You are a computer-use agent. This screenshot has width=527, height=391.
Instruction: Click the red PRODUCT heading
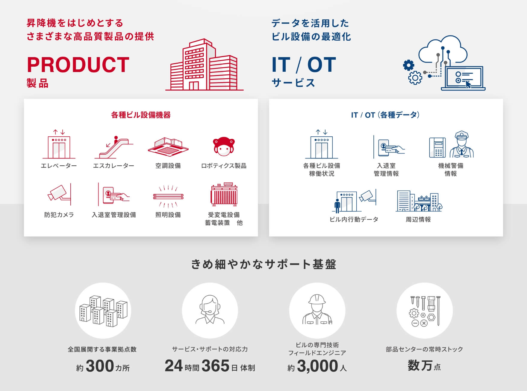tap(78, 65)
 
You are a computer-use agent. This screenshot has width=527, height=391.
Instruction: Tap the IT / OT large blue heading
tap(304, 65)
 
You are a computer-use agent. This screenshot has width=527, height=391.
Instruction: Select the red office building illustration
tap(204, 65)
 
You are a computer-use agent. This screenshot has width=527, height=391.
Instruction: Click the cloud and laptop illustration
tap(444, 63)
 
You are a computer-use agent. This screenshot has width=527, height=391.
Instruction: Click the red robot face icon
tap(224, 146)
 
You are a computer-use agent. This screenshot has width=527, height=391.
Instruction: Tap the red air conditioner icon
tap(168, 147)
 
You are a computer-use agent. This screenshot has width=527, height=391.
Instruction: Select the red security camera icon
tap(60, 194)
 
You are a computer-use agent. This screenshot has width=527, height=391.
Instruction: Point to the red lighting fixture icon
tap(168, 196)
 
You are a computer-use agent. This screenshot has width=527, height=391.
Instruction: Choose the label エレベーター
tap(59, 166)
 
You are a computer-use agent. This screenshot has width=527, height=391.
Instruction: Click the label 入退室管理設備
tap(114, 215)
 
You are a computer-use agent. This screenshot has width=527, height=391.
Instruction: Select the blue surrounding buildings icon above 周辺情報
tap(419, 201)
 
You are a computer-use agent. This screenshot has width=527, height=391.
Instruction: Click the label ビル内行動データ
tap(354, 220)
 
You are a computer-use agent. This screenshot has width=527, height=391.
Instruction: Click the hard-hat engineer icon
tap(317, 310)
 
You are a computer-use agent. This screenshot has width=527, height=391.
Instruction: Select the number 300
tap(100, 366)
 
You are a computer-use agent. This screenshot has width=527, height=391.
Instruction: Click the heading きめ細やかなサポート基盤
tap(263, 265)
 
